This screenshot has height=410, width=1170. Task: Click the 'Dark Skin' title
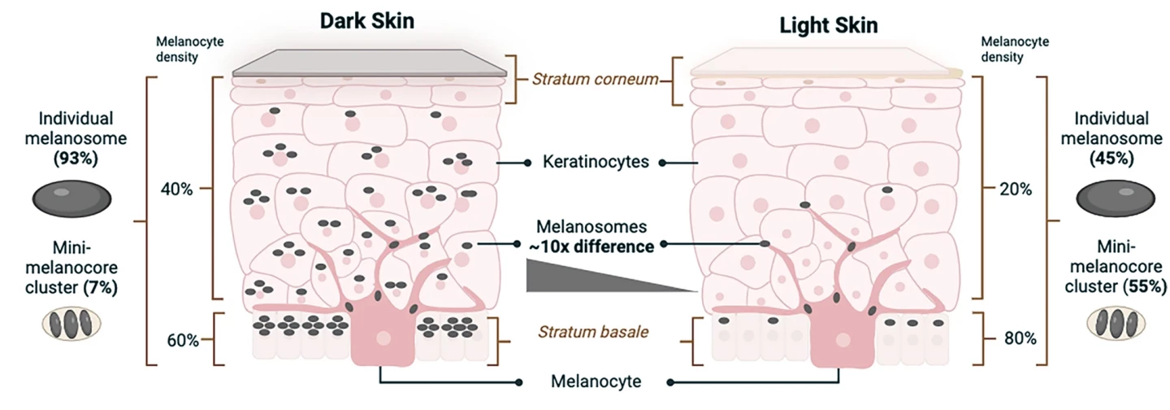tap(366, 21)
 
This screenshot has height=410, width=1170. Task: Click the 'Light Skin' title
tap(828, 25)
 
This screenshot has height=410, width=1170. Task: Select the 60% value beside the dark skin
tap(183, 339)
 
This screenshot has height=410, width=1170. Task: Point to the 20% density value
tap(1016, 189)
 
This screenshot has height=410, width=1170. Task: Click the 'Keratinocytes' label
tap(596, 162)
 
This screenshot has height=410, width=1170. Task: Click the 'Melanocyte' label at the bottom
tap(596, 381)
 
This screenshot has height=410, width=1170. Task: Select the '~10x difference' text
tap(596, 246)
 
